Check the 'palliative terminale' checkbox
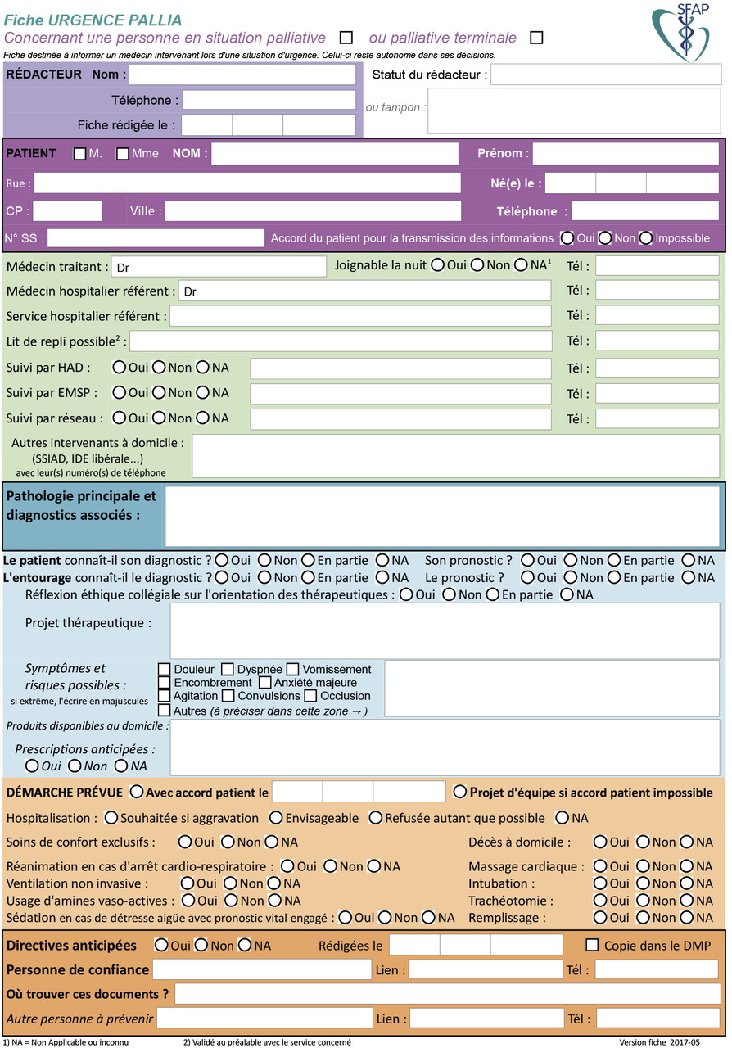coord(536,37)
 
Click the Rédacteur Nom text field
coord(242,75)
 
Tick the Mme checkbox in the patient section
coord(123,154)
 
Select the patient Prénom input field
coord(625,154)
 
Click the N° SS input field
coord(156,238)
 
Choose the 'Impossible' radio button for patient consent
coord(646,238)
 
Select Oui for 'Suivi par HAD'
coord(120,368)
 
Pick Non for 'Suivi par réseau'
coord(160,418)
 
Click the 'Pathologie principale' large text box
coord(444,517)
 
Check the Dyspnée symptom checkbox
coord(228,670)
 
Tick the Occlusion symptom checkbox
coord(310,696)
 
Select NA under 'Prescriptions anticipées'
coord(121,766)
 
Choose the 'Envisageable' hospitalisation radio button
coord(276,818)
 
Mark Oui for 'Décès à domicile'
coord(600,842)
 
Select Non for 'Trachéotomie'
coord(643,901)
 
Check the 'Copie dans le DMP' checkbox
coord(592,945)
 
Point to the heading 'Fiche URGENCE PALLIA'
coord(93,20)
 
